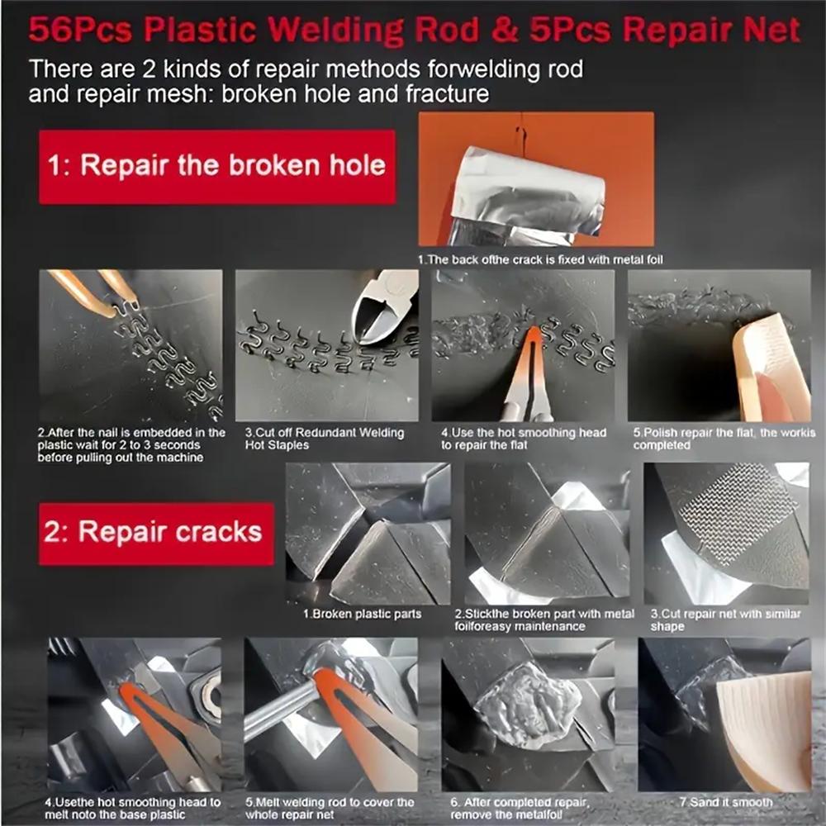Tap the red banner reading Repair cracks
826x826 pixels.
157,532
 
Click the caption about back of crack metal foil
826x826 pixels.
540,259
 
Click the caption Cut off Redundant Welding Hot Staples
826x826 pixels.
324,439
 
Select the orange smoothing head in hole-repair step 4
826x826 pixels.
527,363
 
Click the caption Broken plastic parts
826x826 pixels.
360,614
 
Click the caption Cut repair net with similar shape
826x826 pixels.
725,619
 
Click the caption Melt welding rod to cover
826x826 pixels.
330,808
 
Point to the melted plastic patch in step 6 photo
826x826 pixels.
529,702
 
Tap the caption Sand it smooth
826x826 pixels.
725,802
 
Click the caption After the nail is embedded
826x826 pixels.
131,444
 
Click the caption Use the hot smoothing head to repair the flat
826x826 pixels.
523,439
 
